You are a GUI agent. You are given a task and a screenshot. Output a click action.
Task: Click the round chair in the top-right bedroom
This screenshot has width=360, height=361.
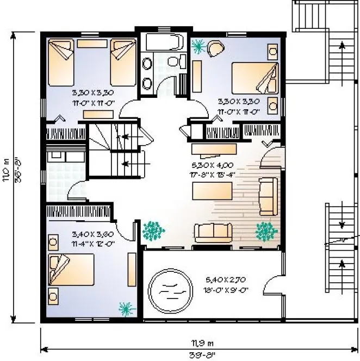[215, 49]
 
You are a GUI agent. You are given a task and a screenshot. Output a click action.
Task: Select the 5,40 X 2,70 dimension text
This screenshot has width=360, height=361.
[226, 281]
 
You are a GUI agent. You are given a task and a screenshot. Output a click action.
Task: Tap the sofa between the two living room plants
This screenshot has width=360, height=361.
[213, 233]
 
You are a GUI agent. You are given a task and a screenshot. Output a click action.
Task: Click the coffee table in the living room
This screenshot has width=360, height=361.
[213, 192]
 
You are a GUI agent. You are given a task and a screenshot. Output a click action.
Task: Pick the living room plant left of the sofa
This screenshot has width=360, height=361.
[153, 231]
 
